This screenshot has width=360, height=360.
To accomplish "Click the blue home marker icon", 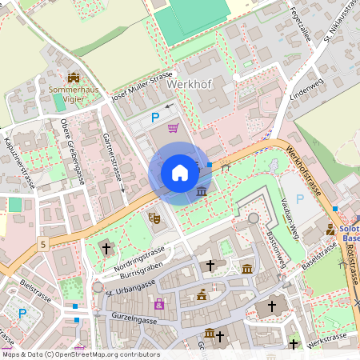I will [x=180, y=173].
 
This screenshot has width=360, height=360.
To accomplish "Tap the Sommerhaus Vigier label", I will [x=74, y=94].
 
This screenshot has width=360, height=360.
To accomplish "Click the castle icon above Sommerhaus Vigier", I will [x=74, y=78].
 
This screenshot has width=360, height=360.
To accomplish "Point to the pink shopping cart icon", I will [x=173, y=127].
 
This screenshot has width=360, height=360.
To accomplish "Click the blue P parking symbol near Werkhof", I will [x=155, y=118].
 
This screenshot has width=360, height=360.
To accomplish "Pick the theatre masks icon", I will [x=154, y=217].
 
